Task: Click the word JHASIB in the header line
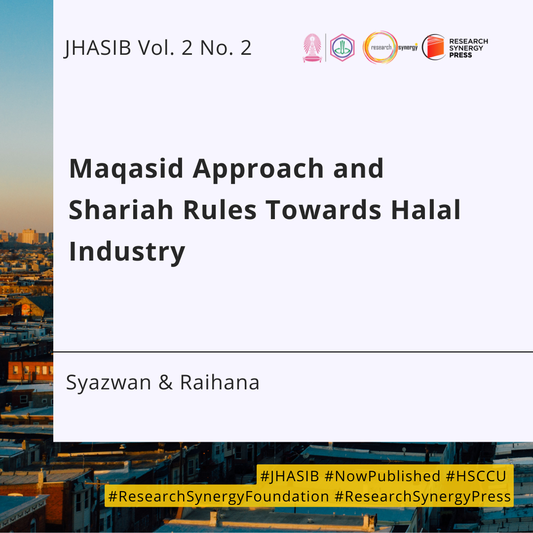(98, 47)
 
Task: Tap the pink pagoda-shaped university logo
(312, 47)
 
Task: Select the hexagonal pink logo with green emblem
(343, 47)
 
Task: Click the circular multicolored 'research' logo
(380, 47)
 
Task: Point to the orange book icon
(434, 47)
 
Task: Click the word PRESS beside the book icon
(460, 55)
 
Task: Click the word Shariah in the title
(121, 210)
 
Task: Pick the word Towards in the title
(324, 210)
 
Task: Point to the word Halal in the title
(426, 210)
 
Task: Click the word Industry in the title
(127, 252)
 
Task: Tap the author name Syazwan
(109, 383)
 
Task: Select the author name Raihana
(220, 382)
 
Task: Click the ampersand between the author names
(165, 382)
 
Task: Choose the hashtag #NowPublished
(382, 476)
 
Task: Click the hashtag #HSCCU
(476, 476)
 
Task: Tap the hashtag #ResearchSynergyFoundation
(219, 496)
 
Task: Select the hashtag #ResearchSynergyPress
(422, 496)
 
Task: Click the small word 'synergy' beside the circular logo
(408, 47)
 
